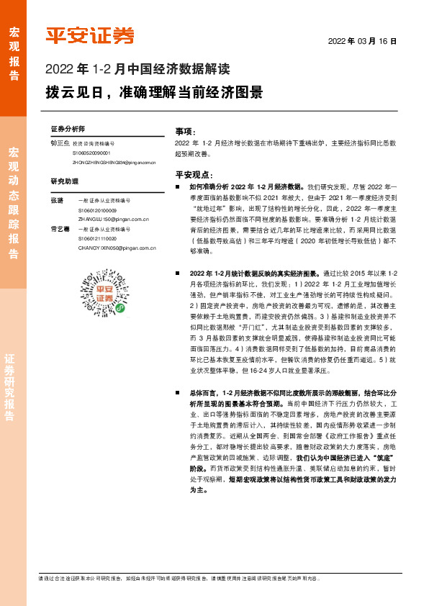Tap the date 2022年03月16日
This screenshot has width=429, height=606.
tap(362, 41)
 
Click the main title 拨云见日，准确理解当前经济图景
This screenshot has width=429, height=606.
tap(153, 94)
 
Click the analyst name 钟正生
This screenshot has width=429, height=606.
tap(58, 143)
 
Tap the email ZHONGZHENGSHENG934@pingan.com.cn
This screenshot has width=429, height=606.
tap(114, 163)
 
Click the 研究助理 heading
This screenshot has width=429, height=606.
tap(63, 181)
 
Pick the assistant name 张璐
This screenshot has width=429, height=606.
tap(57, 199)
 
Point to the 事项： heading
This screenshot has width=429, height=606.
tap(186, 131)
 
